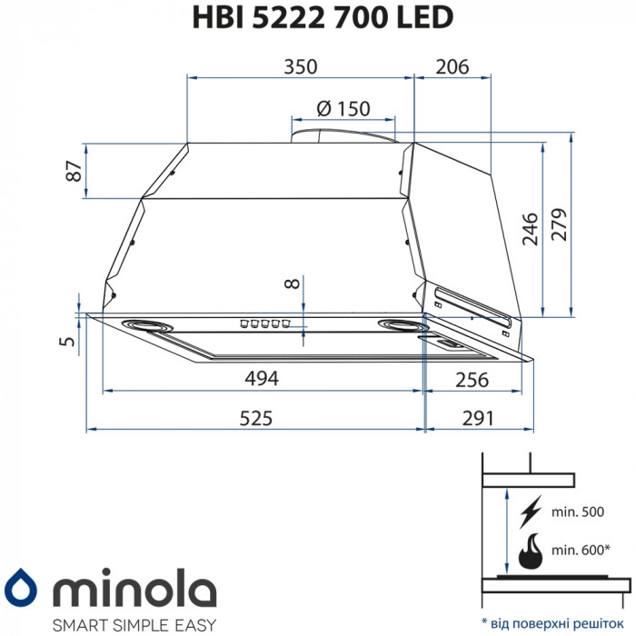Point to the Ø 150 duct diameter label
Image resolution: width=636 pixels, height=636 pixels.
(343, 108)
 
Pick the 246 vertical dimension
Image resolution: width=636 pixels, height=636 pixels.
(530, 228)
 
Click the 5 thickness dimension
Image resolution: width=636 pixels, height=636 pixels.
(65, 341)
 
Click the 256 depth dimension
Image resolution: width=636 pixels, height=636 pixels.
(472, 379)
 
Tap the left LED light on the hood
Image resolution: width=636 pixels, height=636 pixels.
(142, 324)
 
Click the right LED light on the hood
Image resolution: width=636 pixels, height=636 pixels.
(401, 326)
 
